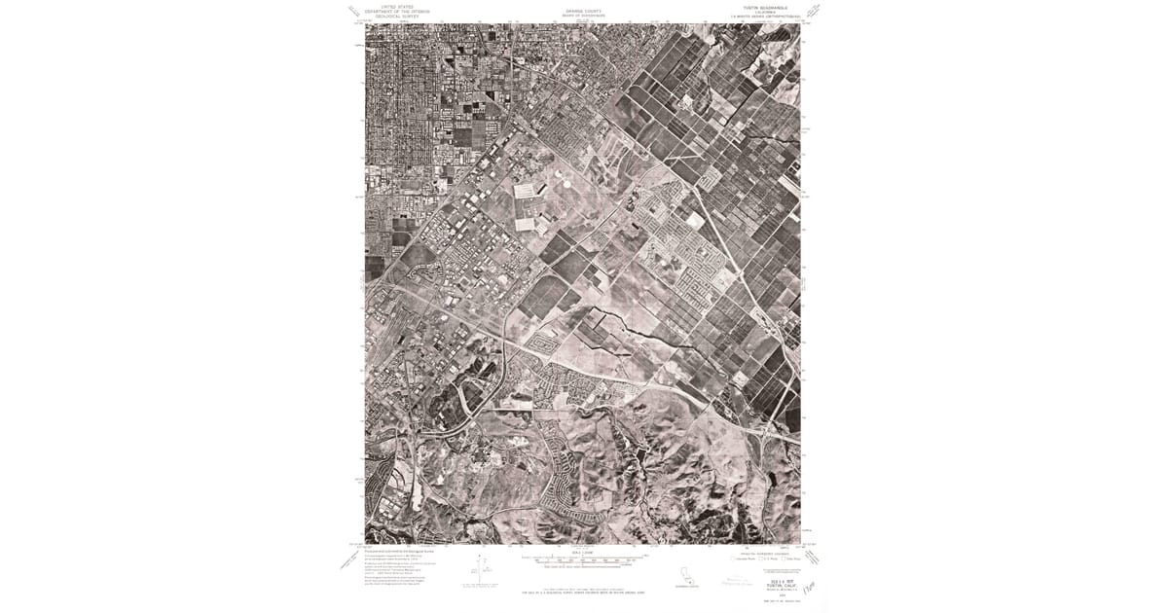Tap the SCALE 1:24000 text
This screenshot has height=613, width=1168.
click(x=582, y=553)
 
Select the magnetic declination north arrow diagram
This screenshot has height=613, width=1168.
click(x=480, y=570)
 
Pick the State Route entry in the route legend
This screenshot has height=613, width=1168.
click(x=791, y=559)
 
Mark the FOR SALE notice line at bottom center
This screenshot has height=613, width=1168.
click(x=582, y=591)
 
